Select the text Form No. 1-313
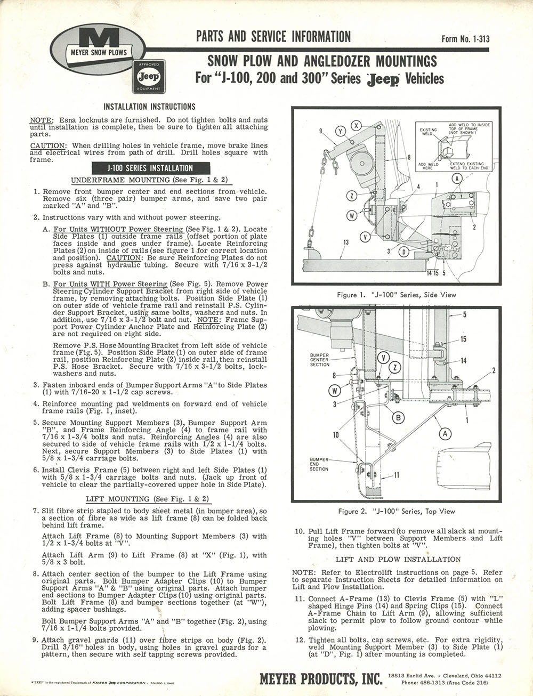(x=465, y=38)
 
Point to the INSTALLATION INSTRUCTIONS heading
(x=149, y=107)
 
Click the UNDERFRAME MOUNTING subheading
(x=149, y=180)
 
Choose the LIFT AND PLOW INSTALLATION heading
(x=398, y=559)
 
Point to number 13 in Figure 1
(x=345, y=243)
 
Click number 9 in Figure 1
(x=321, y=131)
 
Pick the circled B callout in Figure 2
(x=398, y=418)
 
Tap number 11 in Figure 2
(x=397, y=475)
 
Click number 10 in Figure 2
(x=336, y=435)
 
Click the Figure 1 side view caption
(x=396, y=295)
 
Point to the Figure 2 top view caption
(x=397, y=512)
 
